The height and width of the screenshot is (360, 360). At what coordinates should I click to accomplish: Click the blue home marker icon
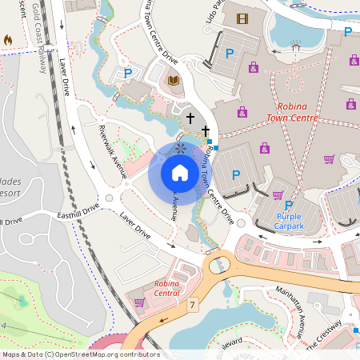(180, 172)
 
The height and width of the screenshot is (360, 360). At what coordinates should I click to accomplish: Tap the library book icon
(174, 80)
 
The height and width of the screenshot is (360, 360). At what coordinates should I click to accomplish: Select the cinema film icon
(242, 18)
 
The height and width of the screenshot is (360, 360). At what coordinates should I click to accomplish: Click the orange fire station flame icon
(8, 39)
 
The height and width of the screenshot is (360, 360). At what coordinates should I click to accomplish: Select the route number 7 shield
(193, 305)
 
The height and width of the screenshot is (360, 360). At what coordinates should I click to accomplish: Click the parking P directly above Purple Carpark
(289, 205)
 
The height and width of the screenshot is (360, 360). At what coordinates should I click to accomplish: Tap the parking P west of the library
(126, 74)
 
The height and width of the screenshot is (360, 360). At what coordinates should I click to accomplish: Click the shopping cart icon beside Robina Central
(139, 302)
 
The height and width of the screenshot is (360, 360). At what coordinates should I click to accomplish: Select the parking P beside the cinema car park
(229, 54)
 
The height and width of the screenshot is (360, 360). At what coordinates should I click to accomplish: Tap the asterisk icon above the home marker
(180, 149)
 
